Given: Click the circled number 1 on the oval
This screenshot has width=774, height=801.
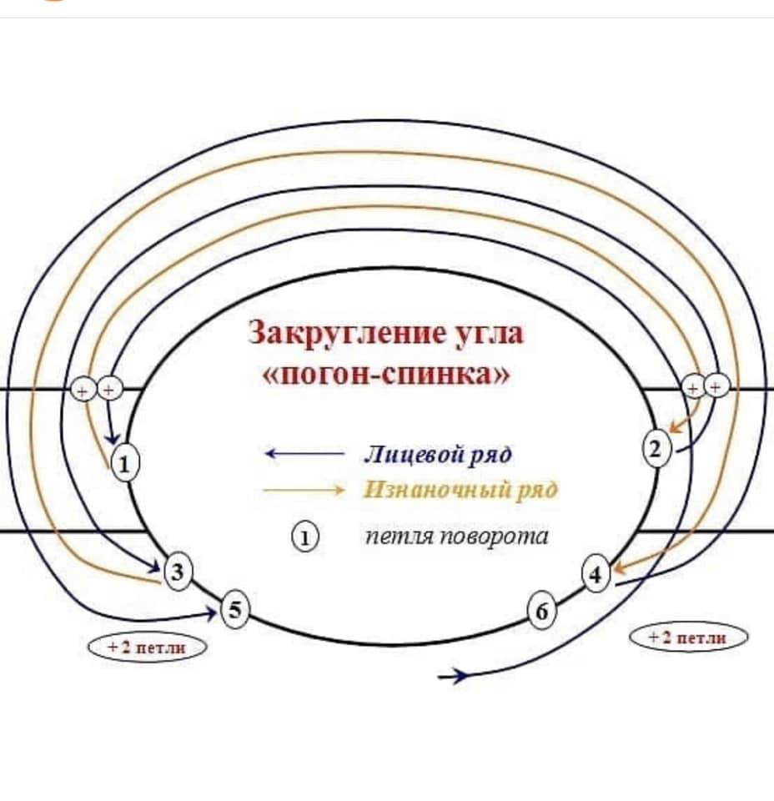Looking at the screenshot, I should tap(124, 463).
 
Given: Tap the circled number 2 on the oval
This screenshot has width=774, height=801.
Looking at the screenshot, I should tap(656, 449).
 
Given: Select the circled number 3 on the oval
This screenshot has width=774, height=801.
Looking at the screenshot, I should tap(178, 572).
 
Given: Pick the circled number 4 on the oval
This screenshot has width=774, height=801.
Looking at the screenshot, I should tap(596, 575).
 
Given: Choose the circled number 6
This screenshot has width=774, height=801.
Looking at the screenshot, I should tap(541, 613).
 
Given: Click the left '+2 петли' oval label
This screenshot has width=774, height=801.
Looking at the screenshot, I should tap(146, 647).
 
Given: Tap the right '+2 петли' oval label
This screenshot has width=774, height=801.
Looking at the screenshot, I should tap(687, 638).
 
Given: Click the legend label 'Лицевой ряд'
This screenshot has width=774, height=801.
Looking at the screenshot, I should tap(437, 455).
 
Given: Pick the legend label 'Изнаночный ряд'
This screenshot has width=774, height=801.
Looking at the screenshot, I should tap(460, 490).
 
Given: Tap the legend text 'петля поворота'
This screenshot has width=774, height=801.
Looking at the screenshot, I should tap(457, 537).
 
